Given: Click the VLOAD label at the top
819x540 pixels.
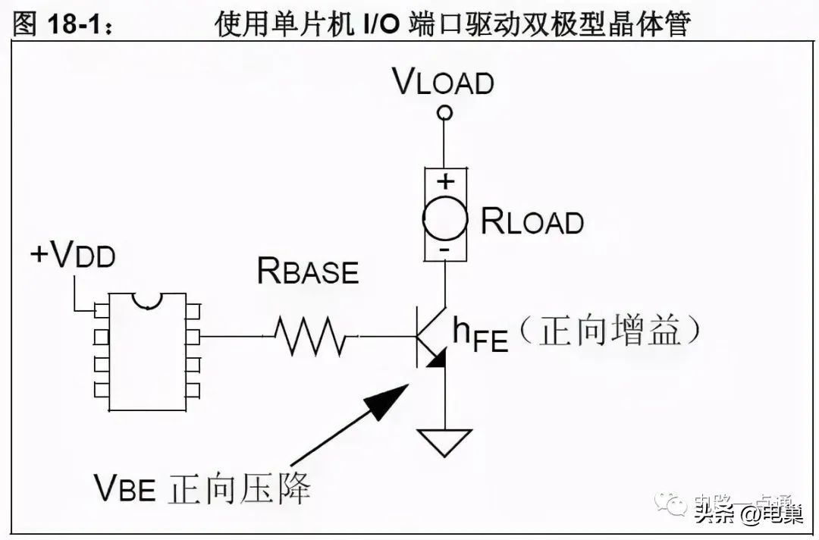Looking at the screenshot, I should pyautogui.click(x=444, y=82).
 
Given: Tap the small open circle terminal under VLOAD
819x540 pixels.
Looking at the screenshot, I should pyautogui.click(x=446, y=114).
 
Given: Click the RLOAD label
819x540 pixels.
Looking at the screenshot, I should pyautogui.click(x=532, y=221).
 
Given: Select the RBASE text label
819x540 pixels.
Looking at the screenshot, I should pyautogui.click(x=308, y=271).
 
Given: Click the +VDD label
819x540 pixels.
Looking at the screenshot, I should pyautogui.click(x=73, y=256).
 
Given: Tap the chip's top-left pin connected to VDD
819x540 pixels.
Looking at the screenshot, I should pyautogui.click(x=101, y=309).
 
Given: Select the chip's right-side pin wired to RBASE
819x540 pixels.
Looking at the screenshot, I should pyautogui.click(x=193, y=335).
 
